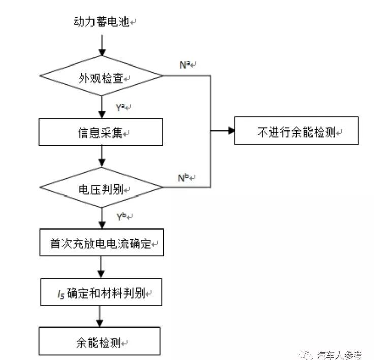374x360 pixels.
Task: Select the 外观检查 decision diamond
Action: pos(102,77)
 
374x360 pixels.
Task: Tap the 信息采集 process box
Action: pos(101,132)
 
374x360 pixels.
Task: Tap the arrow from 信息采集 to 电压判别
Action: pos(102,156)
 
